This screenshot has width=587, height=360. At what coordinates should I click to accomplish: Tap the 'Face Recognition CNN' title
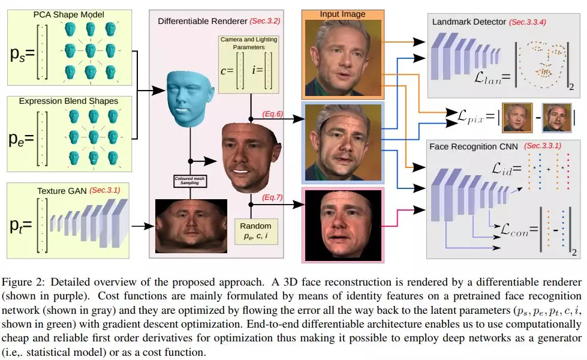click(x=474, y=146)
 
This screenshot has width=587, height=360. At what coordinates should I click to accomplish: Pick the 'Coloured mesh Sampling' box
click(x=191, y=180)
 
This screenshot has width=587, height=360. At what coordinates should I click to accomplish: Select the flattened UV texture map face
click(x=191, y=225)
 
